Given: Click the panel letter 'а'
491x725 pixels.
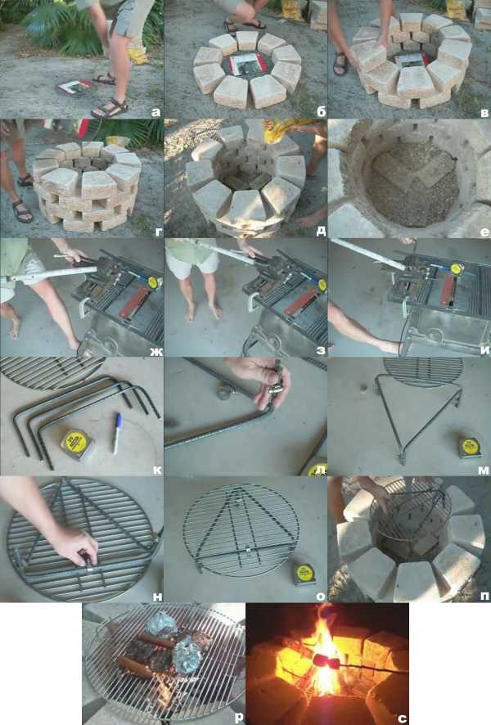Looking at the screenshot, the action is click(x=155, y=112).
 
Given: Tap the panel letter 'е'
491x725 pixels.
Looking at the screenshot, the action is click(x=484, y=232).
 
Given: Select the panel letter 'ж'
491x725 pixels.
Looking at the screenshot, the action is click(x=155, y=350).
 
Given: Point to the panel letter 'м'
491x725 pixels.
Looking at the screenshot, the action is click(x=483, y=471).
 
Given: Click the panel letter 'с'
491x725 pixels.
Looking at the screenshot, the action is click(x=403, y=718).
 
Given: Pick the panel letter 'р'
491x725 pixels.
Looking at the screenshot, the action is click(x=239, y=718).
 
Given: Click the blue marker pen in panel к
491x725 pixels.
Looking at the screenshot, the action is click(x=117, y=433).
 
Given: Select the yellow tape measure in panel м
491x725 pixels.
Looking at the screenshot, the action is click(x=471, y=447).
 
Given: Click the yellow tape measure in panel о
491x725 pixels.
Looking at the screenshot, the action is click(x=304, y=574).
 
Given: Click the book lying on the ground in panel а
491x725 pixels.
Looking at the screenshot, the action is click(x=75, y=87).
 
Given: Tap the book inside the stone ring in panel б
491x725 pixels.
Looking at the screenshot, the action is click(x=247, y=65).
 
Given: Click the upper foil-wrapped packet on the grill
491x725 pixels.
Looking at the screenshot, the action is click(x=161, y=624).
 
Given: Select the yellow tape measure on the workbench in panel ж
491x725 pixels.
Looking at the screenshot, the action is click(x=155, y=282).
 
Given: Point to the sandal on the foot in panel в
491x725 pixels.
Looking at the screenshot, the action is click(x=340, y=64).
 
